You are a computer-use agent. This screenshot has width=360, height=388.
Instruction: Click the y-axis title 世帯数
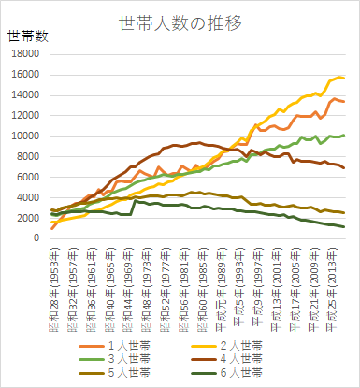[x=29, y=36]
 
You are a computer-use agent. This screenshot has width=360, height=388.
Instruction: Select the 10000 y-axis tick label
[x=23, y=137]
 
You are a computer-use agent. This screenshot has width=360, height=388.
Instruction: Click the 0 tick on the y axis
[x=35, y=238]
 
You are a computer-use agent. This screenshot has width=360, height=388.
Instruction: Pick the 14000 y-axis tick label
[x=23, y=95]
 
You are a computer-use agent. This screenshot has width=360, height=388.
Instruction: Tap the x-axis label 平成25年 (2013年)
[x=333, y=280]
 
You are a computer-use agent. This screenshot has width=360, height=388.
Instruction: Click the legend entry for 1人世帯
[x=127, y=343]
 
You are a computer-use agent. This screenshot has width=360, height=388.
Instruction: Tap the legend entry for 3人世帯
[x=127, y=357]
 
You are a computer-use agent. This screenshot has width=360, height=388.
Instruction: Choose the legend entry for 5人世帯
[x=127, y=371]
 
